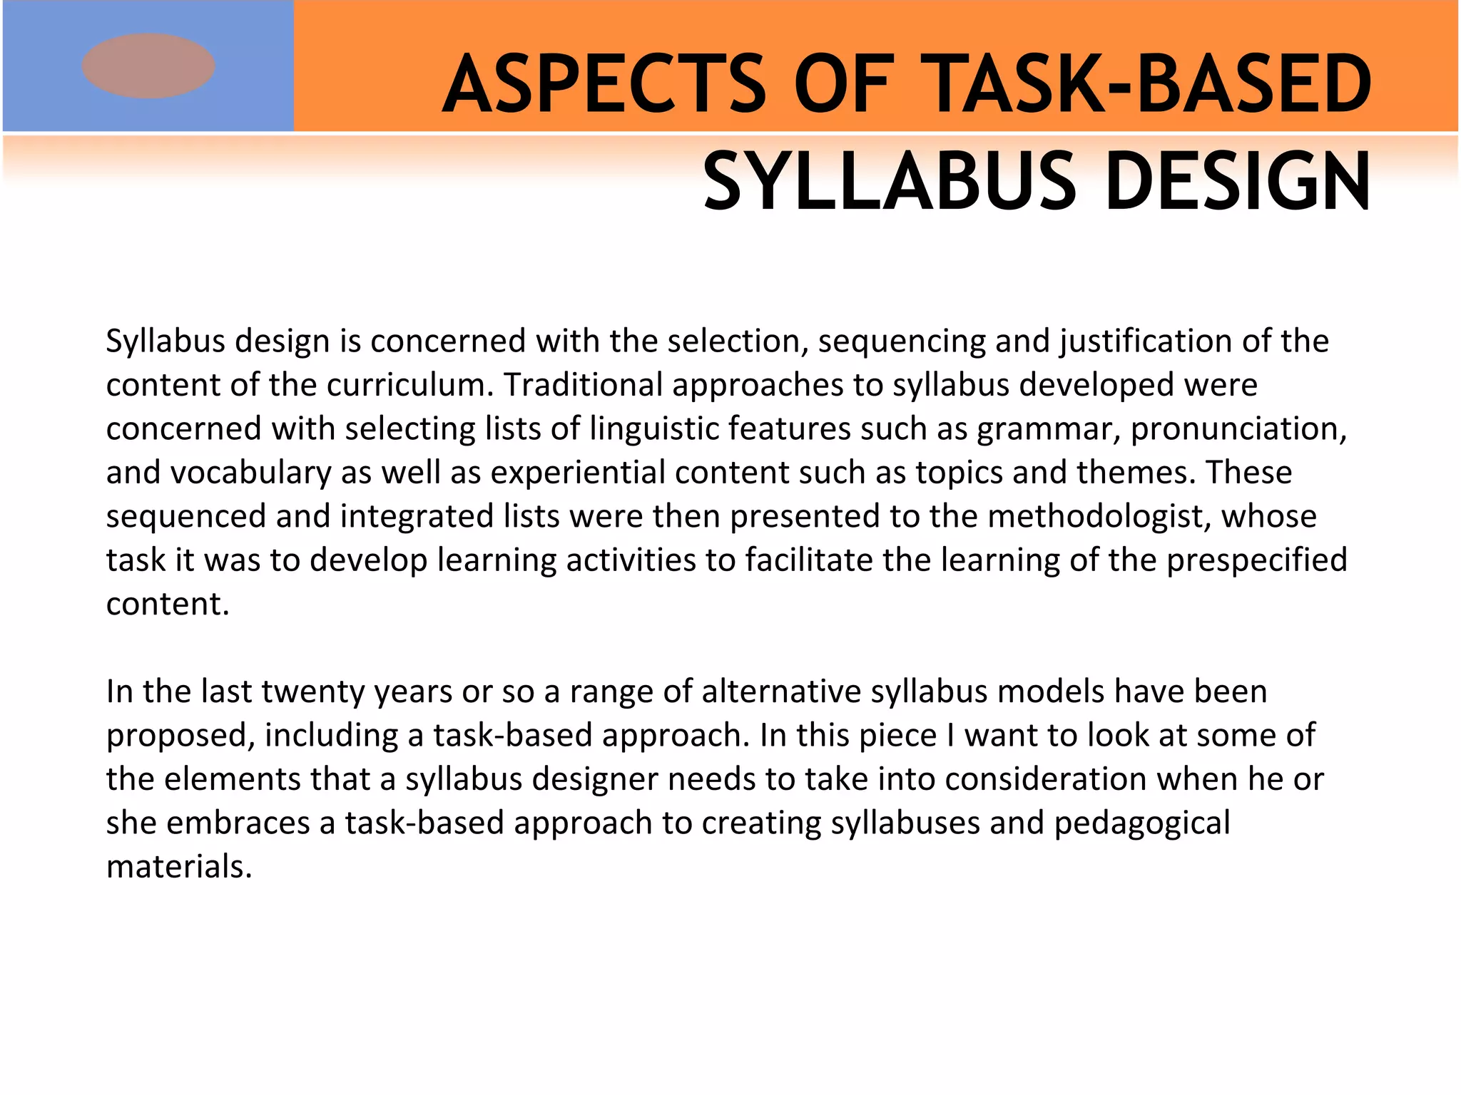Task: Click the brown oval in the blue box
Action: (x=148, y=66)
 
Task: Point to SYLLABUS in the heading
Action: (x=889, y=182)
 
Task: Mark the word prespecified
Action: (x=1257, y=560)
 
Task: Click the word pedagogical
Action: (x=1141, y=823)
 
